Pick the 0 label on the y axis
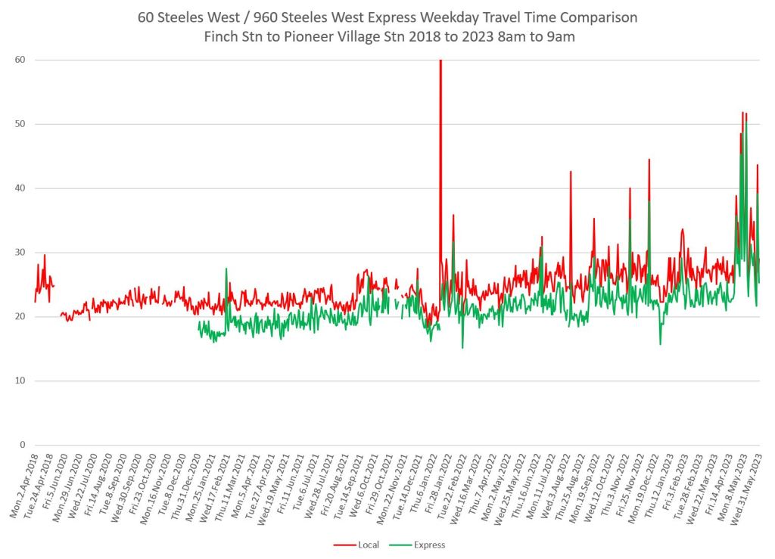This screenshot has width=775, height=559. click(23, 445)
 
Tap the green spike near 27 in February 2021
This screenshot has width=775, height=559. click(226, 269)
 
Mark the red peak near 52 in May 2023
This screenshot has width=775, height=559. click(743, 113)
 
